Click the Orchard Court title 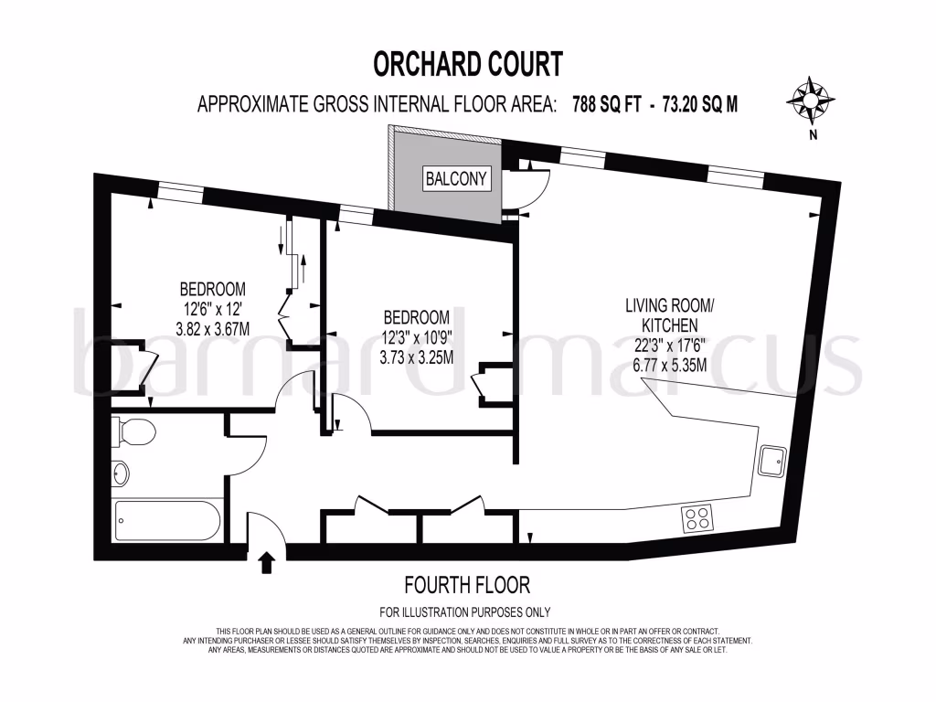tap(468, 64)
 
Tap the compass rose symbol tap(811, 98)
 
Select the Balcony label tap(456, 178)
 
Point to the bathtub tap(167, 520)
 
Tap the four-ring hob tap(698, 519)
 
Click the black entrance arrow tap(268, 562)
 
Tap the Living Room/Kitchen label tap(662, 314)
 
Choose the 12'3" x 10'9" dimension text tap(417, 337)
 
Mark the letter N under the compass tap(811, 136)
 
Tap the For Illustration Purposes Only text tap(465, 612)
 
